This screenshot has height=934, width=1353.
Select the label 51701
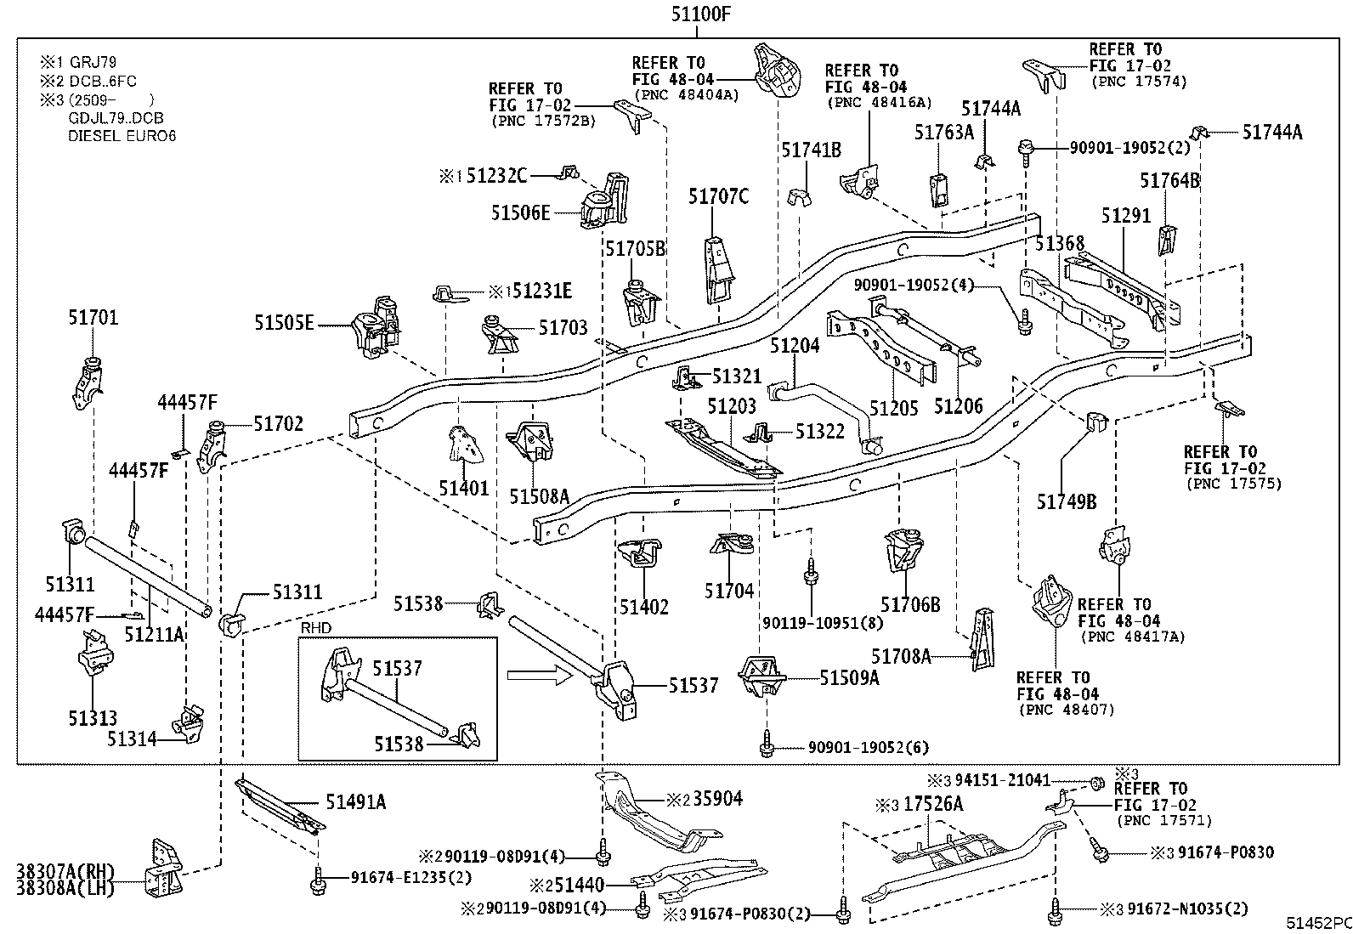pyautogui.click(x=93, y=318)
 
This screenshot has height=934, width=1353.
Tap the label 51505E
pyautogui.click(x=284, y=323)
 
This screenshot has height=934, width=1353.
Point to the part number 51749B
pyautogui.click(x=1066, y=502)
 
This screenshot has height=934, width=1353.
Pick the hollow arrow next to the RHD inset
pyautogui.click(x=536, y=676)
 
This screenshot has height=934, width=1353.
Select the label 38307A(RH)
pyautogui.click(x=65, y=871)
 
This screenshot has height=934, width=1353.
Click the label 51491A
pyautogui.click(x=355, y=802)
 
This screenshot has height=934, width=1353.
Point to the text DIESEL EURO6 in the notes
pyautogui.click(x=122, y=135)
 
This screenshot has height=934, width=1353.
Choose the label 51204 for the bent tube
pyautogui.click(x=795, y=346)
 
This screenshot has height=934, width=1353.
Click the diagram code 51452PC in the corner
pyautogui.click(x=1317, y=923)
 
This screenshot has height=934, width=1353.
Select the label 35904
pyautogui.click(x=717, y=799)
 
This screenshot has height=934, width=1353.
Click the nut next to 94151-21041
pyautogui.click(x=1095, y=781)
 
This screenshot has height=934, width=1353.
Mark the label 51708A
pyautogui.click(x=901, y=656)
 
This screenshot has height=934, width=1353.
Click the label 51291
pyautogui.click(x=1126, y=216)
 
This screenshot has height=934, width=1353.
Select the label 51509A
pyautogui.click(x=849, y=677)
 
